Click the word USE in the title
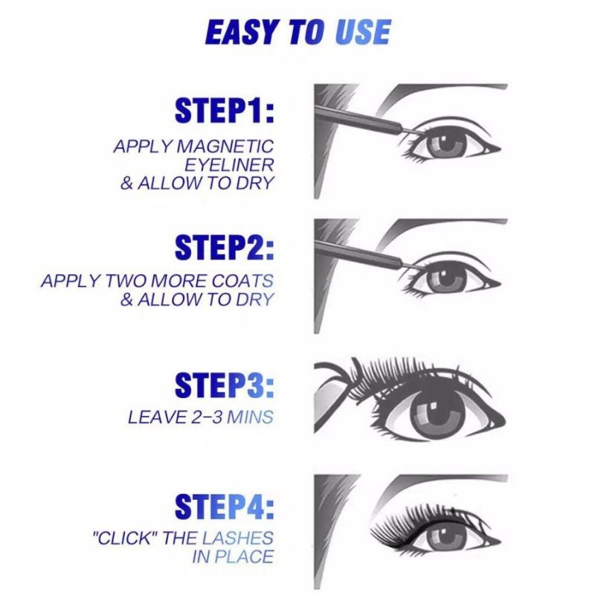pyautogui.click(x=362, y=32)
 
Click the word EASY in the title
pyautogui.click(x=240, y=32)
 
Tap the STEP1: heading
pyautogui.click(x=225, y=110)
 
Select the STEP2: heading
pyautogui.click(x=225, y=247)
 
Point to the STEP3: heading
pyautogui.click(x=225, y=385)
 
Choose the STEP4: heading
pyautogui.click(x=225, y=506)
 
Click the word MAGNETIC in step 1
pyautogui.click(x=225, y=147)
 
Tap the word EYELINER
pyautogui.click(x=229, y=165)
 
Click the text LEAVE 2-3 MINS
pyautogui.click(x=201, y=417)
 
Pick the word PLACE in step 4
pyautogui.click(x=244, y=556)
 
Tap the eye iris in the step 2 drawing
pyautogui.click(x=446, y=280)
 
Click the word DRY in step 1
pyautogui.click(x=255, y=183)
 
